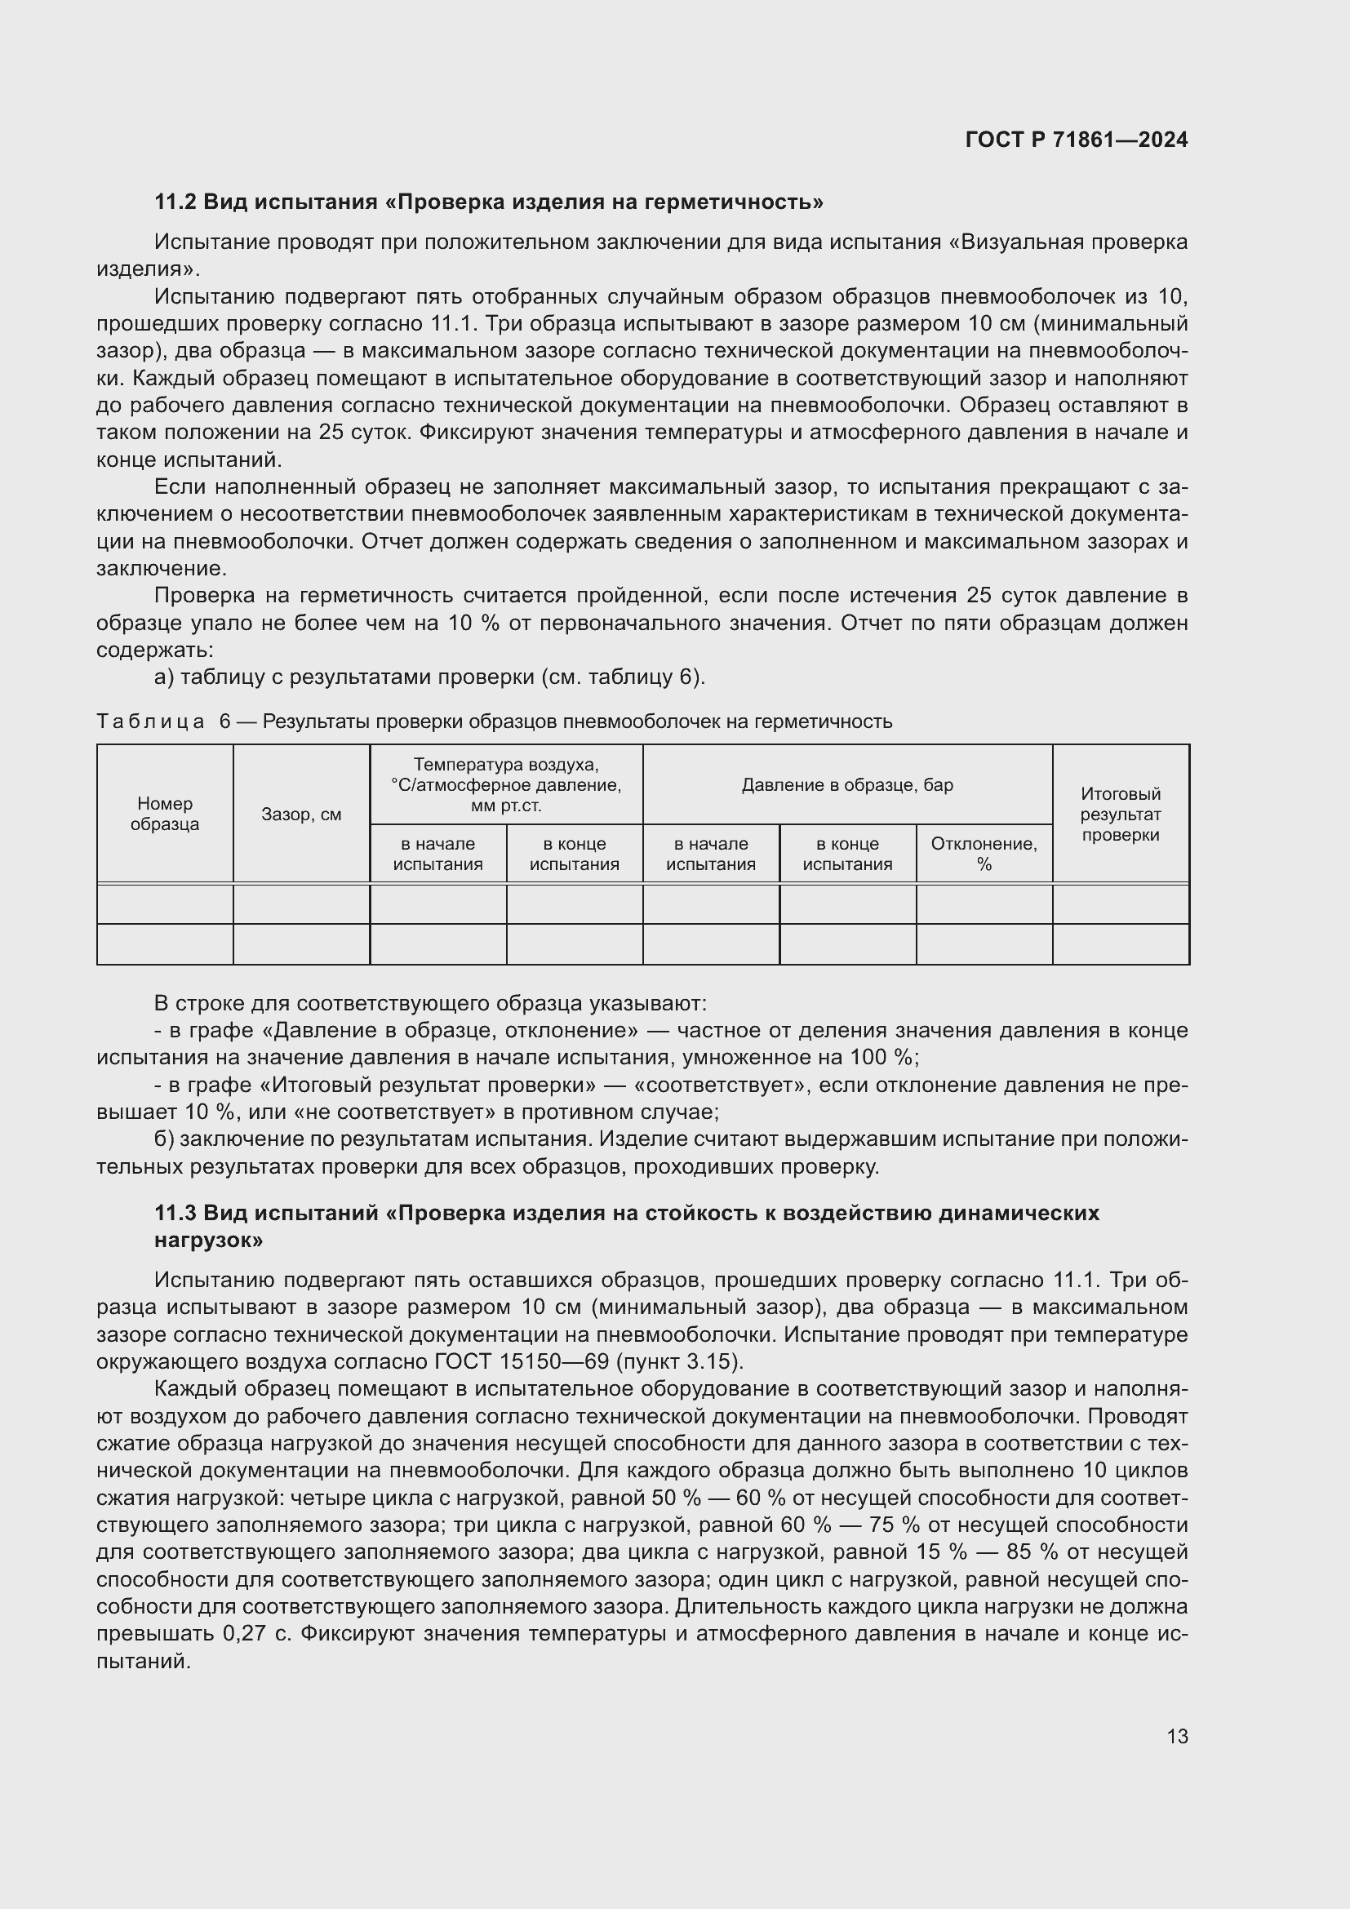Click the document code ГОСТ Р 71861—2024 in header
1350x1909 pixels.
tap(1076, 140)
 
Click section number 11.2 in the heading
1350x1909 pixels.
tap(175, 202)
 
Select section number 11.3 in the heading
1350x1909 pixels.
tap(175, 1213)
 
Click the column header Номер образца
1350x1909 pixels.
tap(165, 813)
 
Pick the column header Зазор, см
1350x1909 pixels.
tap(301, 814)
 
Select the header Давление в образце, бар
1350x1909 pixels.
tap(846, 785)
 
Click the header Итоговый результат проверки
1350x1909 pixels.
tap(1120, 814)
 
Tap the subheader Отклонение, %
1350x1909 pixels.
tap(984, 853)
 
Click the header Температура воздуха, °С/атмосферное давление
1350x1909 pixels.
tap(505, 784)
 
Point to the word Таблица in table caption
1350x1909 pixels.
tap(150, 721)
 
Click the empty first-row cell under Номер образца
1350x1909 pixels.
tap(165, 903)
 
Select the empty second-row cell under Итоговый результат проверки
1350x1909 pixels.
tap(1120, 944)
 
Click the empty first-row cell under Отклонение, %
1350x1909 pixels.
tap(984, 903)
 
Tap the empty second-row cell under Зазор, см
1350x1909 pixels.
tap(301, 944)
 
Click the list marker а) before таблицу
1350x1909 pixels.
tap(165, 677)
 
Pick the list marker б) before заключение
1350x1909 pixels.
tap(165, 1139)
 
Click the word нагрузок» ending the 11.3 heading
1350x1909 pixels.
tap(209, 1241)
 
